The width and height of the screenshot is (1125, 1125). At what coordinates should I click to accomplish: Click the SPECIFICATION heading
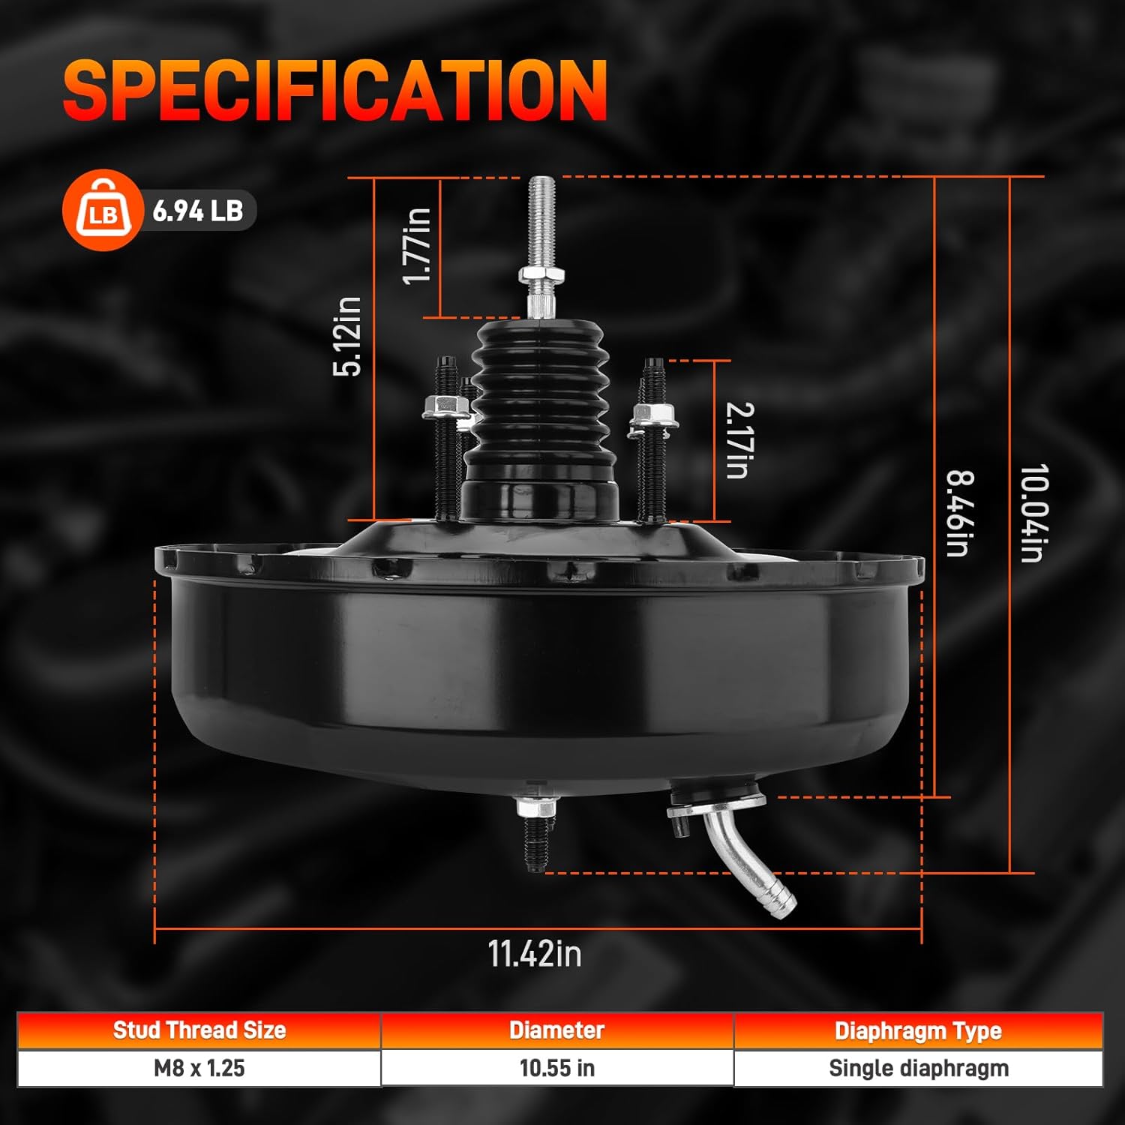click(x=335, y=90)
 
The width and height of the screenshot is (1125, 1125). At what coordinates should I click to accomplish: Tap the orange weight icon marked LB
click(x=102, y=211)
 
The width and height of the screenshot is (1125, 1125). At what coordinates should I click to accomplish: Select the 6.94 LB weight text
click(x=198, y=211)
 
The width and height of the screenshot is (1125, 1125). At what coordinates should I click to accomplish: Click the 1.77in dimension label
click(x=417, y=246)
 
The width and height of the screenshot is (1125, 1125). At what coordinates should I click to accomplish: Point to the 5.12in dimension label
click(x=347, y=336)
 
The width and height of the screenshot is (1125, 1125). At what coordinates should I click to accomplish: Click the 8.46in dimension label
click(x=959, y=513)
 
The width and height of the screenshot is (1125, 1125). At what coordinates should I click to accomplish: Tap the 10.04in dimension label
click(x=1033, y=513)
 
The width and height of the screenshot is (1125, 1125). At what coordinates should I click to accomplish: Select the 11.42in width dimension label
click(x=535, y=954)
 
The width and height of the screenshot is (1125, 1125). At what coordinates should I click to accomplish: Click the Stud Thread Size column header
click(x=199, y=1030)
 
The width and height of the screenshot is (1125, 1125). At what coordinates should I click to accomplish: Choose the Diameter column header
click(x=556, y=1030)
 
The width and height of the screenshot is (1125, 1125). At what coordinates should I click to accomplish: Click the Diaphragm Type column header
click(x=918, y=1031)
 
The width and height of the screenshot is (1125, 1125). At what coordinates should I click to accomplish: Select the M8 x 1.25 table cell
click(x=199, y=1068)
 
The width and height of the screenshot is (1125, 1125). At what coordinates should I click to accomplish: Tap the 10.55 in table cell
click(x=556, y=1068)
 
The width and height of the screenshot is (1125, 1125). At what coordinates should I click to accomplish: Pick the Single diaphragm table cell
click(x=918, y=1068)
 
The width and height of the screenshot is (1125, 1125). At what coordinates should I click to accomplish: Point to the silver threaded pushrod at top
click(x=541, y=225)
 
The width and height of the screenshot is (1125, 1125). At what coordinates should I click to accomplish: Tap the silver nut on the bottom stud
click(x=535, y=808)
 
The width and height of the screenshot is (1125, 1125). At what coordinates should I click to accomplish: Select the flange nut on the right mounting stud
click(x=652, y=416)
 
